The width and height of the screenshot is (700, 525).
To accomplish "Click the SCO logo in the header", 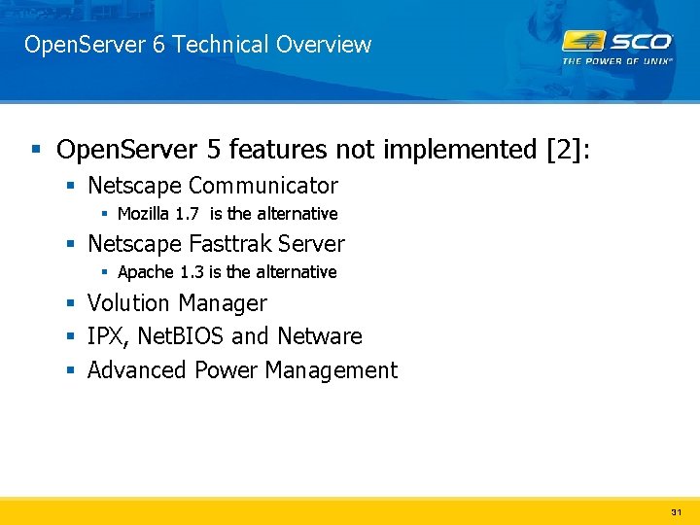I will click(x=617, y=42).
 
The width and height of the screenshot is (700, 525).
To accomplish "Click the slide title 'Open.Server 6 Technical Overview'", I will click(x=197, y=45).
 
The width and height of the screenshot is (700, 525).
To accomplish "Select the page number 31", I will click(x=677, y=511).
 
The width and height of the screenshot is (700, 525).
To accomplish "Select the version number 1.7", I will click(x=188, y=214).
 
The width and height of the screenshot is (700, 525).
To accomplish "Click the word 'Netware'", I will click(x=319, y=336).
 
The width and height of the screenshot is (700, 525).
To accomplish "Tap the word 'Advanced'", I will click(x=137, y=370).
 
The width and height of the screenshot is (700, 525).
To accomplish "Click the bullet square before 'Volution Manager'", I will click(x=72, y=304).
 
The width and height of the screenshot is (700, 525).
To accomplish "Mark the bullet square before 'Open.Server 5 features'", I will click(x=36, y=151).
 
